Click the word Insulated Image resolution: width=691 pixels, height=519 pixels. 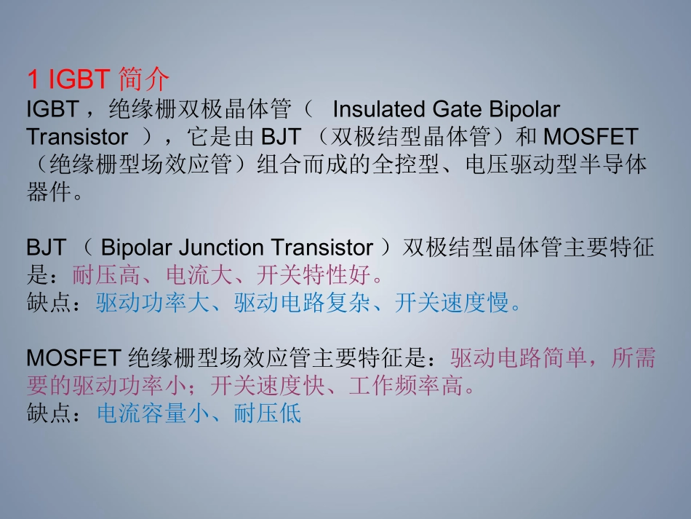click(378, 109)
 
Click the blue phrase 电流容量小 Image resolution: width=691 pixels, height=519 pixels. click(153, 414)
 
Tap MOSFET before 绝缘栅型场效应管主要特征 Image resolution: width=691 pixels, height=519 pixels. click(73, 358)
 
